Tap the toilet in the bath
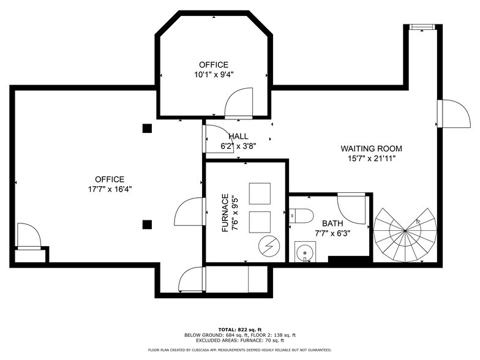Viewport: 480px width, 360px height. coord(301,215)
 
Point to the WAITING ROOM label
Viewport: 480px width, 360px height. coord(372,149)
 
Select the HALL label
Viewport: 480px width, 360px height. coord(238,136)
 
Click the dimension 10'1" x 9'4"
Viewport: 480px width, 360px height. coord(213,75)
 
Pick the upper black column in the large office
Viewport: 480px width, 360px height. coord(147,128)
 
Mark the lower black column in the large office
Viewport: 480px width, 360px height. coord(147,225)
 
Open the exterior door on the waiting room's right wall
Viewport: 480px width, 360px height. coord(452,114)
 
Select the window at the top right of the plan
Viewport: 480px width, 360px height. coord(422,26)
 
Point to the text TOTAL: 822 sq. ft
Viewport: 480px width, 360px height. coord(240,329)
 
